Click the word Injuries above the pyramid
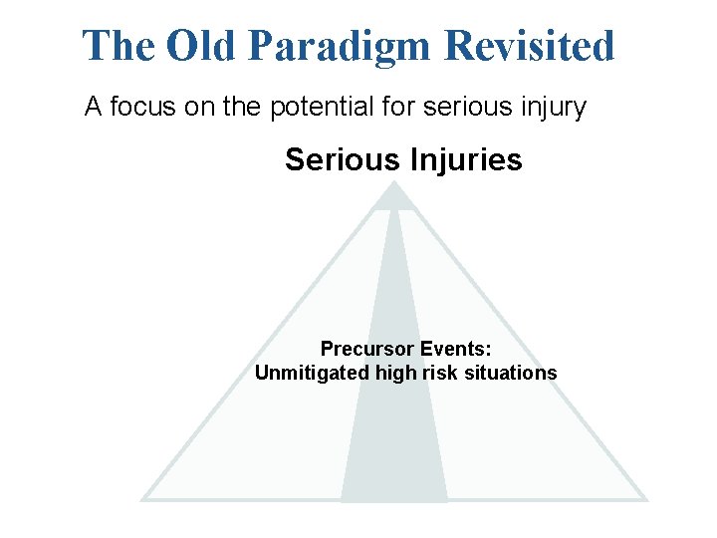click(460, 159)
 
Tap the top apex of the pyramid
click(394, 183)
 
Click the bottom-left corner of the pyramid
click(144, 498)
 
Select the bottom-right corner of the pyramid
click(645, 498)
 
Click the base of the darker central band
click(394, 498)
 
